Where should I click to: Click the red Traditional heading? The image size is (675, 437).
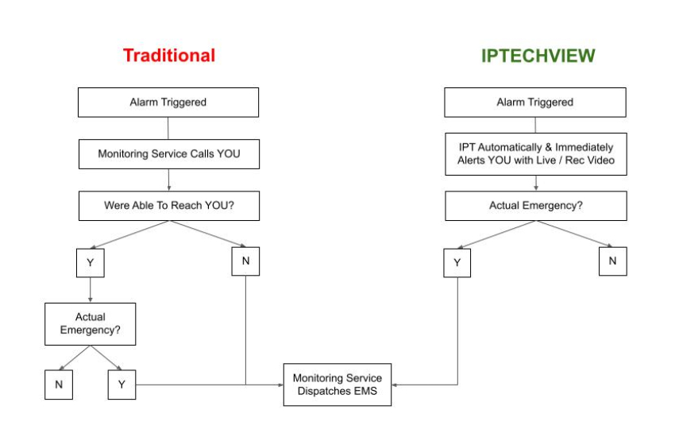point(169,56)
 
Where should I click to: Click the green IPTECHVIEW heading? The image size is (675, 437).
point(538,56)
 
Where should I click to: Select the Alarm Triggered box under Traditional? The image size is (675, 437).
point(168,102)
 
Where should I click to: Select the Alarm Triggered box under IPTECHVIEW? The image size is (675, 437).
point(534,102)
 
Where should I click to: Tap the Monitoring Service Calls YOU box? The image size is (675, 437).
point(168,154)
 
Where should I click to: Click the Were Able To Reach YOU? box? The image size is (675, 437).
point(168,206)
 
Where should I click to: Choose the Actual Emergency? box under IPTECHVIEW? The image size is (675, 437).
point(534,206)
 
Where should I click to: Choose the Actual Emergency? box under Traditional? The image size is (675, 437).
point(91,323)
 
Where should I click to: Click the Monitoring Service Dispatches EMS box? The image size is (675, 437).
point(337,385)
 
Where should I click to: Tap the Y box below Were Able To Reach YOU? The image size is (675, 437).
point(91,263)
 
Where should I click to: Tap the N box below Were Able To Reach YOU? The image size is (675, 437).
point(245,261)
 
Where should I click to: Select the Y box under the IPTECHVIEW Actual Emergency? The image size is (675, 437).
point(457,263)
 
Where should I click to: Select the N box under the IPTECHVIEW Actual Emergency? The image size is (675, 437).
point(612,261)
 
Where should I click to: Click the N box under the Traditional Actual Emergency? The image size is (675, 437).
point(59,385)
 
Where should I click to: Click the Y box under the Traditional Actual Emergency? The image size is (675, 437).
point(121,385)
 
